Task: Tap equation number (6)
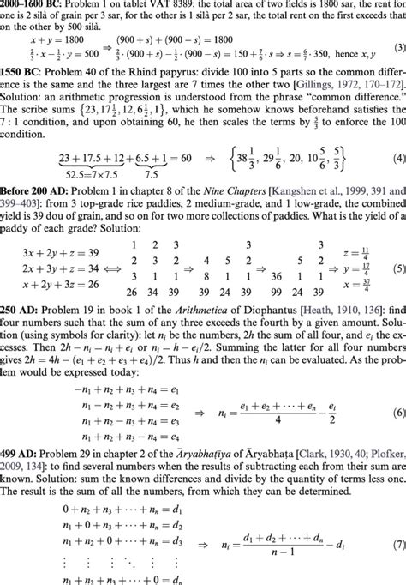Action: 397,403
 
